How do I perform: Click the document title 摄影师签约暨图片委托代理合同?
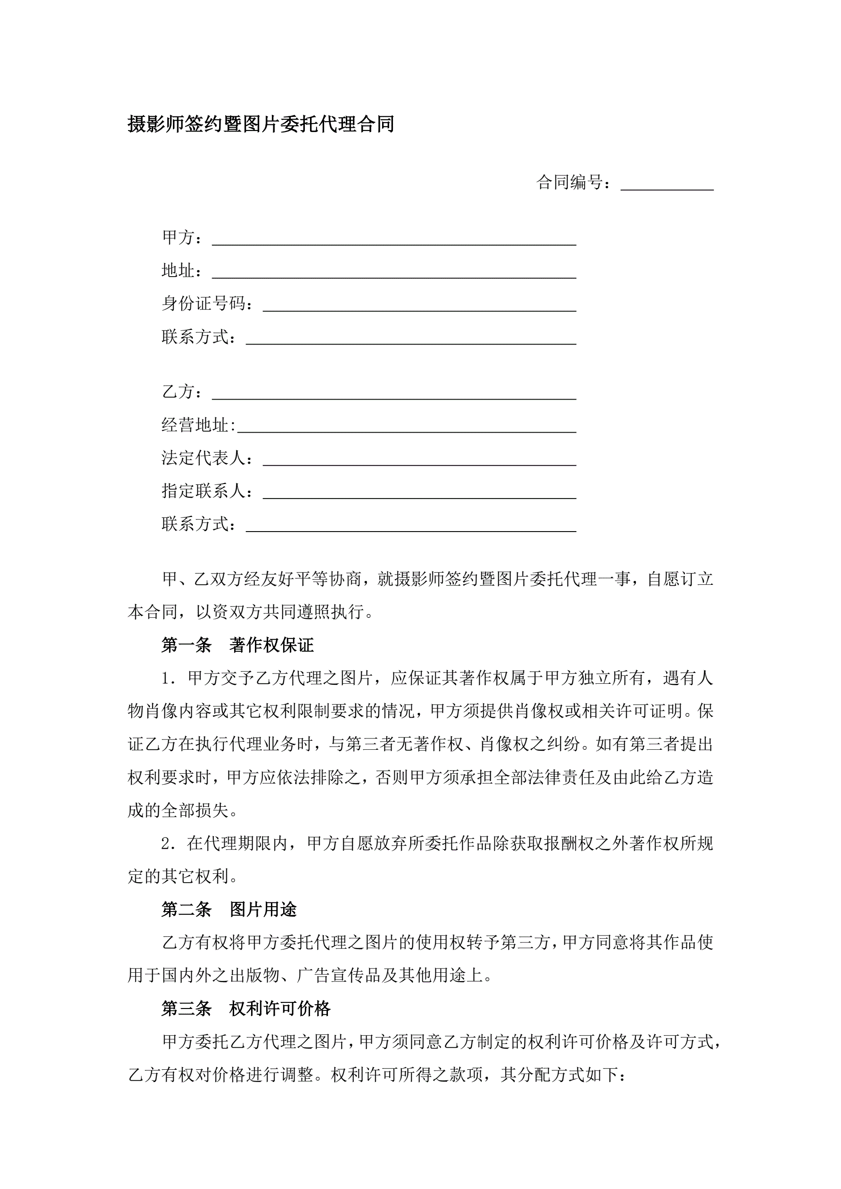point(261,124)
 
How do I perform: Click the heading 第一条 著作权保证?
point(238,645)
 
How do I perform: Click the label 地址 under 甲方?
point(179,271)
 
